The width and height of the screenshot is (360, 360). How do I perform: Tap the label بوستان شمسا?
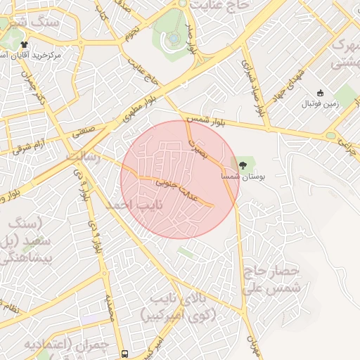pos(243,178)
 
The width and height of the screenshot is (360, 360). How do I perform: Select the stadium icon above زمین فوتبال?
pos(320,93)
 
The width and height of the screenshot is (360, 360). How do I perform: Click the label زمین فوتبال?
pos(321,104)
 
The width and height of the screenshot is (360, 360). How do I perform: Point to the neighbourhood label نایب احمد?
pos(134,205)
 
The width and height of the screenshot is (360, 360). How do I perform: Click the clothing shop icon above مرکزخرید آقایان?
pos(25,44)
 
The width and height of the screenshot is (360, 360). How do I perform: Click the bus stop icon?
pos(124,354)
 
